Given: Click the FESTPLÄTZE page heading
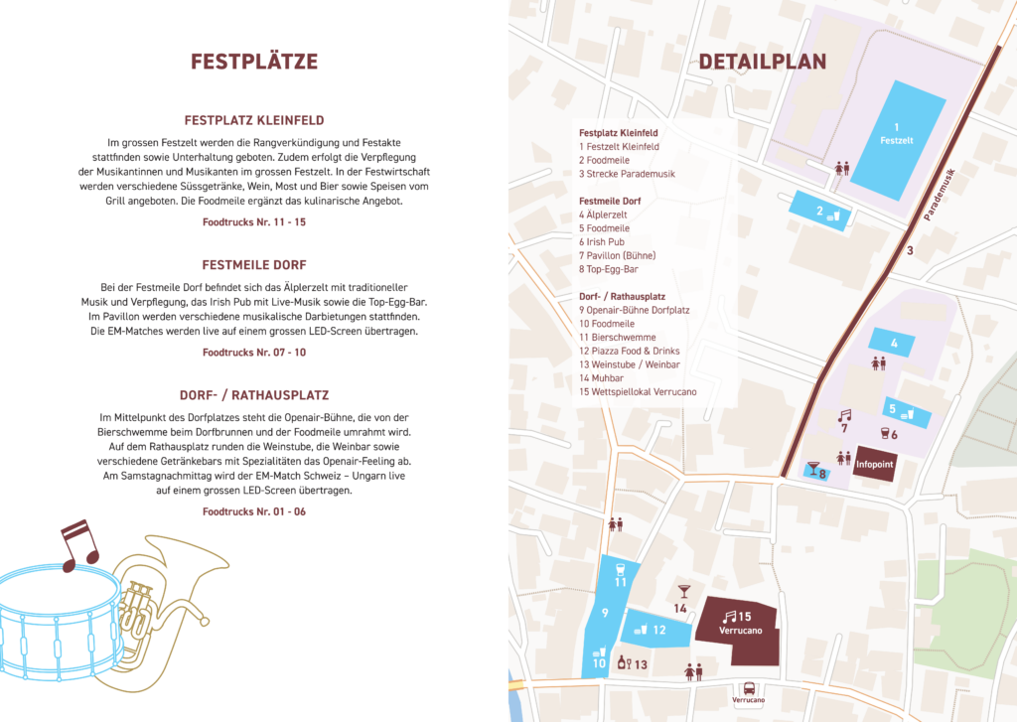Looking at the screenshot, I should click(x=254, y=62).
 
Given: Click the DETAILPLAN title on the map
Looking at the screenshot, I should click(x=763, y=62).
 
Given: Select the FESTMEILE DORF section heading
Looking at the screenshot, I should click(x=254, y=265).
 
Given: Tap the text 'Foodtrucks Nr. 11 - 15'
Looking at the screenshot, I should click(x=254, y=222).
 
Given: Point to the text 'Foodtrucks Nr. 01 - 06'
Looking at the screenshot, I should click(x=254, y=511).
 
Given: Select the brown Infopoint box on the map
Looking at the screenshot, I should click(x=873, y=463).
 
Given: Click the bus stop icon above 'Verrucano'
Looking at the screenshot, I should click(x=748, y=687).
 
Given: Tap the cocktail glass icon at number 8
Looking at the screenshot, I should click(x=812, y=466).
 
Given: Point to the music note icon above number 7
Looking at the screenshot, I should click(x=845, y=414).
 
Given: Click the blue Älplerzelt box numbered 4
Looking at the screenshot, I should click(x=894, y=344).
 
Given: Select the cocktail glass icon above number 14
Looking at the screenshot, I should click(x=682, y=592).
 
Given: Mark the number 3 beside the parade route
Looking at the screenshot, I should click(x=909, y=251).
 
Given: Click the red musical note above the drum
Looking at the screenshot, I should click(x=79, y=544).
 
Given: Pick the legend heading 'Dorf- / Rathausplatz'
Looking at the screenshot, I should click(x=622, y=296).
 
